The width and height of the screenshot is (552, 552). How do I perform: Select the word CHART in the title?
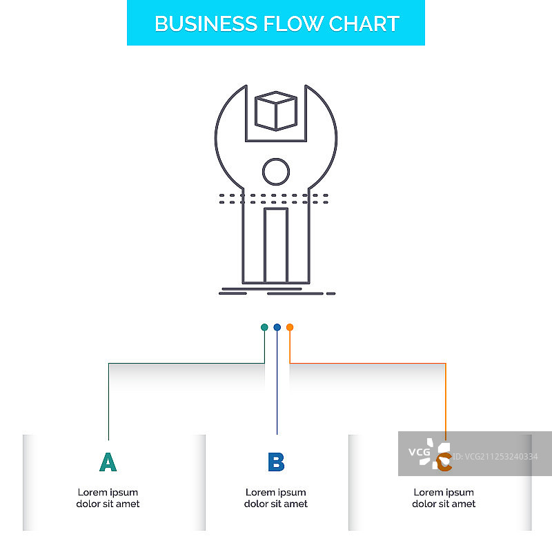point(364,23)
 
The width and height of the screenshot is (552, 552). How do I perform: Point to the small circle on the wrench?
point(276,171)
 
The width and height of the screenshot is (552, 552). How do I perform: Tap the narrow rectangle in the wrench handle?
point(276,245)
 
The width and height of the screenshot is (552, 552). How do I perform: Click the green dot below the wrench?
point(264,327)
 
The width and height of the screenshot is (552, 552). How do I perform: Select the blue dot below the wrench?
point(277,327)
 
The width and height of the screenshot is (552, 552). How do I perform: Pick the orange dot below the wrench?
point(290,327)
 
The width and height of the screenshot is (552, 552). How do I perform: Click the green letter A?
point(108,462)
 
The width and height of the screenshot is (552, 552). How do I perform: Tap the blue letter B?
point(276,462)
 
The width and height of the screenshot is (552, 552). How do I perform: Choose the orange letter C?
point(445,463)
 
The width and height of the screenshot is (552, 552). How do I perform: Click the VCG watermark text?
point(419,453)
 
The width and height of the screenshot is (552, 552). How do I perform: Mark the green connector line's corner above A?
point(109,363)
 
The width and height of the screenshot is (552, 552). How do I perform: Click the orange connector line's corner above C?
point(446,363)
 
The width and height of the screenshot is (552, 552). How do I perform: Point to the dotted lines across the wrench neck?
point(275,199)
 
